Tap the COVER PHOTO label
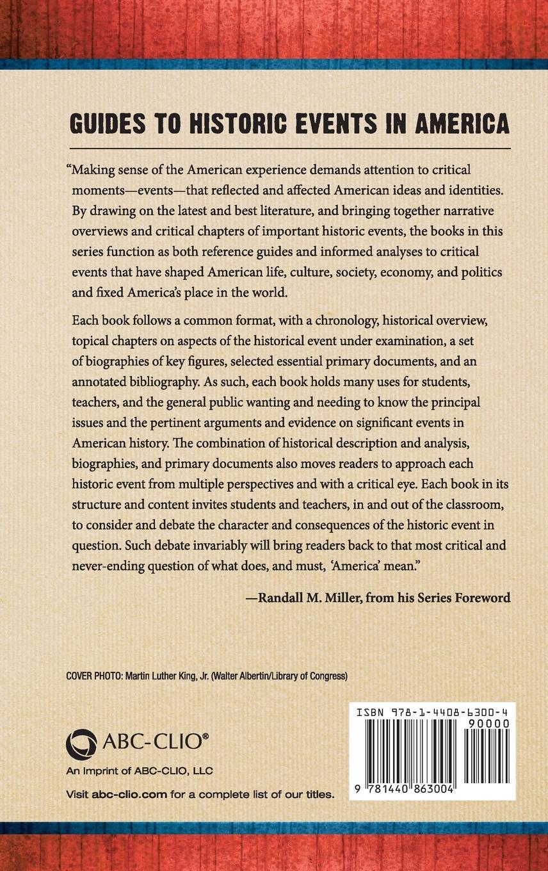[x=92, y=675]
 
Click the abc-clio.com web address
[x=129, y=795]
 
